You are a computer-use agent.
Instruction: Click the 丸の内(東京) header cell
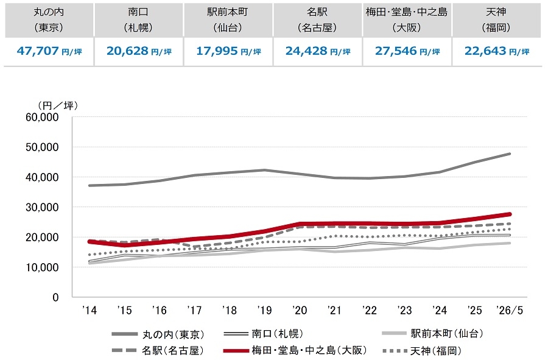pyautogui.click(x=49, y=20)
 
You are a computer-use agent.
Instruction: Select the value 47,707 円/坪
pyautogui.click(x=49, y=51)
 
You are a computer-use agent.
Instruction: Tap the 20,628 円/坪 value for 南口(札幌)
pyautogui.click(x=139, y=51)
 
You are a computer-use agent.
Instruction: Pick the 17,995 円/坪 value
pyautogui.click(x=228, y=51)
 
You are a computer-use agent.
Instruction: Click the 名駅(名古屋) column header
pyautogui.click(x=317, y=20)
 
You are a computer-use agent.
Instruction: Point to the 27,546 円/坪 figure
pyautogui.click(x=407, y=51)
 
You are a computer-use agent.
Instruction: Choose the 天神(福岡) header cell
pyautogui.click(x=496, y=20)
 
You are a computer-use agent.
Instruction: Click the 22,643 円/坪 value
pyautogui.click(x=497, y=51)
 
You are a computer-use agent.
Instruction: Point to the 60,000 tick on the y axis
pyautogui.click(x=42, y=117)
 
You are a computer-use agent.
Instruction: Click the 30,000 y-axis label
pyautogui.click(x=42, y=207)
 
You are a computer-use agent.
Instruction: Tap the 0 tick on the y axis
pyautogui.click(x=55, y=297)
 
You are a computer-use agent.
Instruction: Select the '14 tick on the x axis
pyautogui.click(x=90, y=310)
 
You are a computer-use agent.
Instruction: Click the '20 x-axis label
pyautogui.click(x=300, y=310)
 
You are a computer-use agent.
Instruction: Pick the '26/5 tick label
pyautogui.click(x=510, y=310)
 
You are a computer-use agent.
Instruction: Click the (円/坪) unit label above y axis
pyautogui.click(x=58, y=105)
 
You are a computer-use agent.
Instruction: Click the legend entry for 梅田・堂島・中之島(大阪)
pyautogui.click(x=295, y=350)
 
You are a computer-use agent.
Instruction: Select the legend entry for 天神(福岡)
pyautogui.click(x=422, y=350)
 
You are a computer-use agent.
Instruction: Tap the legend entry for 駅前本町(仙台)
pyautogui.click(x=433, y=333)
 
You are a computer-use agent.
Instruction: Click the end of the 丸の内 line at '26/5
pyautogui.click(x=510, y=154)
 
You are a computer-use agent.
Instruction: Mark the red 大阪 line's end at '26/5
pyautogui.click(x=510, y=214)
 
